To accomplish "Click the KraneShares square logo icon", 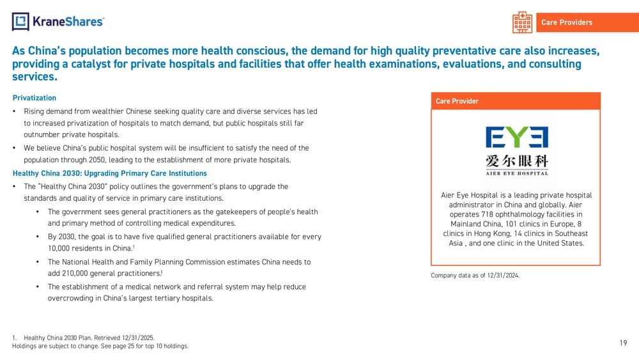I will pos(21,22).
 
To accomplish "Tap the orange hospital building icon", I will pos(522,22).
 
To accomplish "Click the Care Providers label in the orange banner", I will pos(566,22).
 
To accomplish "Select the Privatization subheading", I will pos(35,98).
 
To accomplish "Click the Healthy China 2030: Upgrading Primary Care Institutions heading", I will pos(110,173).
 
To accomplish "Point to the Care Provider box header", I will pos(457,101).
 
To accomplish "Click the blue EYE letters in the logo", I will pos(516,137).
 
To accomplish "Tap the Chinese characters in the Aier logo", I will pos(516,160).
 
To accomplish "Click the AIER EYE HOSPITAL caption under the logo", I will pos(516,173).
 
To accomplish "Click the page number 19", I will pos(623,343).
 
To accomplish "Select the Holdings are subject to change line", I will pos(100,346).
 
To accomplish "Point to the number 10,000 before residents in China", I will pos(61,248).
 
